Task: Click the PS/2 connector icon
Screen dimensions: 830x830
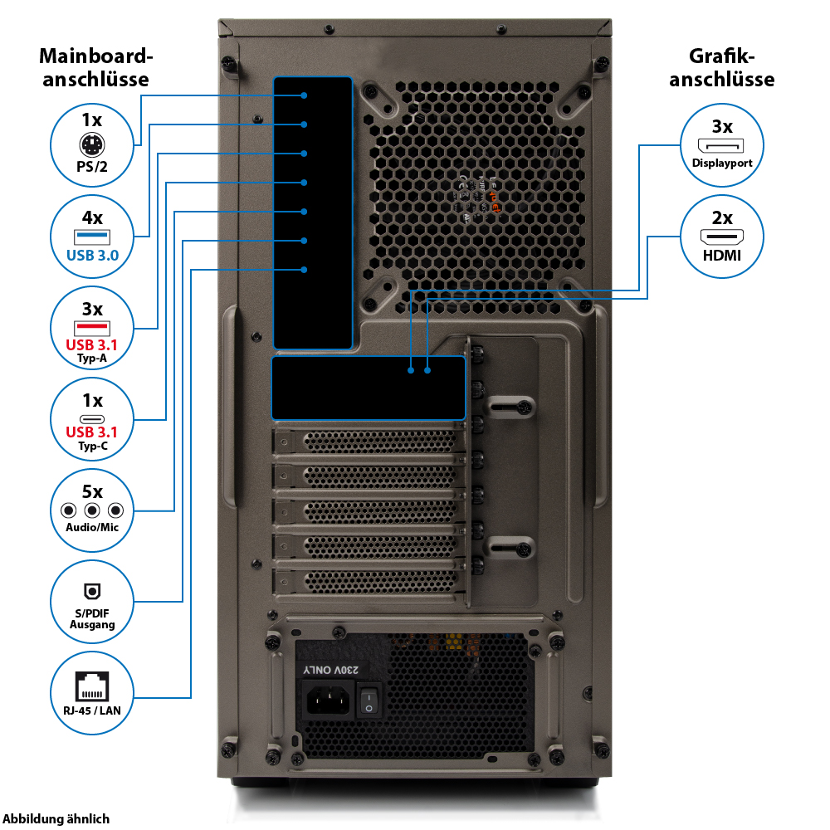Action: pyautogui.click(x=92, y=147)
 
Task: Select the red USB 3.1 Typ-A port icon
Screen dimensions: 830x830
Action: pyautogui.click(x=92, y=330)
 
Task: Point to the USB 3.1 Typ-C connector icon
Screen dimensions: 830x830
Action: pyautogui.click(x=92, y=417)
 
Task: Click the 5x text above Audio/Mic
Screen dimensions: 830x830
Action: pyautogui.click(x=92, y=491)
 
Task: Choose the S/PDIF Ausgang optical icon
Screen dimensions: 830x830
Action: pyautogui.click(x=92, y=591)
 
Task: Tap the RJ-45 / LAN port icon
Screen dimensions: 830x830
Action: pyautogui.click(x=92, y=686)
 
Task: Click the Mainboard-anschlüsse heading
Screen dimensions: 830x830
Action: pyautogui.click(x=97, y=68)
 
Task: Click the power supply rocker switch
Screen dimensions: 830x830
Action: pyautogui.click(x=369, y=700)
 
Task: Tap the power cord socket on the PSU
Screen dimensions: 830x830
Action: pyautogui.click(x=325, y=701)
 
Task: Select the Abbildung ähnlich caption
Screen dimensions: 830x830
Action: pyautogui.click(x=56, y=818)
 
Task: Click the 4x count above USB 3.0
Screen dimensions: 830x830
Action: pyautogui.click(x=92, y=218)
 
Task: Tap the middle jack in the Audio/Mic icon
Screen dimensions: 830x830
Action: pyautogui.click(x=92, y=510)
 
